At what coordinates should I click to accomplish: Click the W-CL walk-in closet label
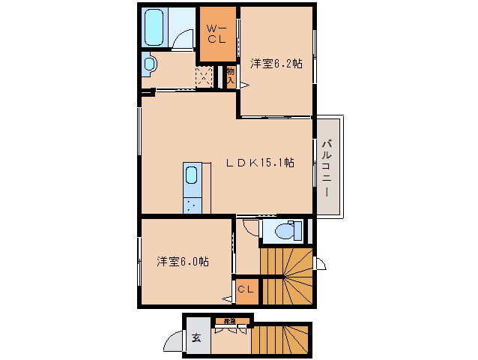(x=217, y=34)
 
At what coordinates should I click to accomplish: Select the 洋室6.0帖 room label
(x=183, y=262)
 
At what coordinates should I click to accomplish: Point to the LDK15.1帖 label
(x=261, y=162)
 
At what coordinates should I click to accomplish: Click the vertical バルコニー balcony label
(x=327, y=167)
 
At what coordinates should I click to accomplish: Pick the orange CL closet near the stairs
(x=246, y=289)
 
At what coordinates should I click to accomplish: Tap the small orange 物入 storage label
(x=231, y=76)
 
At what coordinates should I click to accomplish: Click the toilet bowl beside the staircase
(x=285, y=231)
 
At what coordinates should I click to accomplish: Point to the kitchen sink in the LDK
(x=191, y=176)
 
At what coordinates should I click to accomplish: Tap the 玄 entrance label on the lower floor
(x=196, y=337)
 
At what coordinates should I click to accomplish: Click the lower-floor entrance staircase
(x=281, y=339)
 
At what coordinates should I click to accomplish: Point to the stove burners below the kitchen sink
(x=192, y=202)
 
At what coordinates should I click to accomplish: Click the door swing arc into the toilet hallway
(x=246, y=224)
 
